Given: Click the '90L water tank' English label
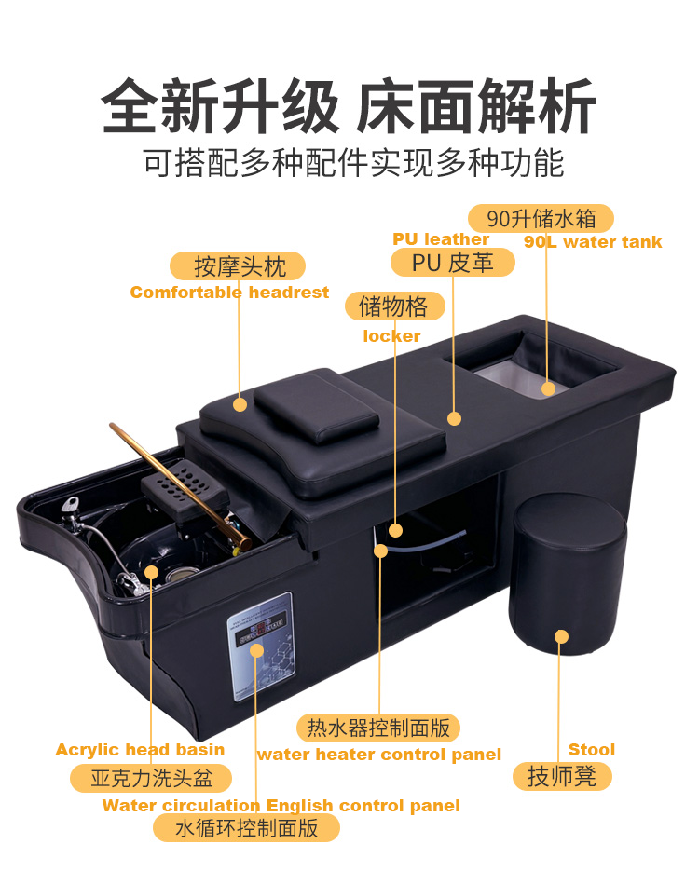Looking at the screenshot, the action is pos(593,242).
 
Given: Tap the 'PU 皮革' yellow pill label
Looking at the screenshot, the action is pos(453,263).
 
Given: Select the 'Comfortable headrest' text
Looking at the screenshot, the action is pos(229,293).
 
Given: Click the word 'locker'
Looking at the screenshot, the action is pos(391,336).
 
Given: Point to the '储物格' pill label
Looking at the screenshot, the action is pos(394,306).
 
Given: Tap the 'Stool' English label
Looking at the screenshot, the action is pos(592,750).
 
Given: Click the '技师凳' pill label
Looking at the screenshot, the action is pos(562,776).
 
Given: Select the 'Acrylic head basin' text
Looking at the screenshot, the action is pos(140,751).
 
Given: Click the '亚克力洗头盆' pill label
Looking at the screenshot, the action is pos(151,778).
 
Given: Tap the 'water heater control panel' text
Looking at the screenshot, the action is pos(379,755).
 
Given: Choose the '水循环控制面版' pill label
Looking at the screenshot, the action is pos(247,828).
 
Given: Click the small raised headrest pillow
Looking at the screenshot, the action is pos(316,405).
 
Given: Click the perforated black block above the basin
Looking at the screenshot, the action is pos(185,488).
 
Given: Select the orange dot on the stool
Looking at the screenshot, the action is pos(561,636).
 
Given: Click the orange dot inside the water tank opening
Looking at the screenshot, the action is pos(548,388).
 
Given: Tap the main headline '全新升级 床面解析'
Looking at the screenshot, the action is pos(349,105).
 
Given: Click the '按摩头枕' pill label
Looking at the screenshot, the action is pos(238,266).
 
